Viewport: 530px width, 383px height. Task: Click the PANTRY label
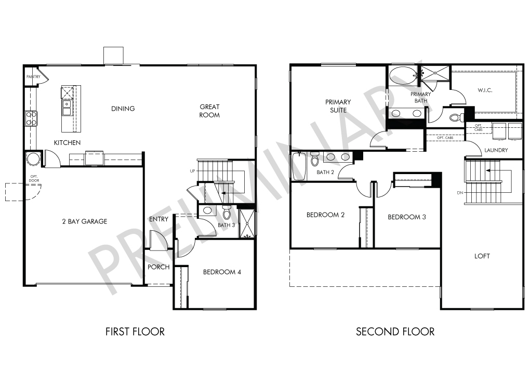(x=33, y=77)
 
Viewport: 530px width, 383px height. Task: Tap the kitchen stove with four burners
(x=31, y=118)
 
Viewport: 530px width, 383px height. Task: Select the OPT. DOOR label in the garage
(x=34, y=178)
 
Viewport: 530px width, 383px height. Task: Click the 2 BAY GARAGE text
(x=85, y=221)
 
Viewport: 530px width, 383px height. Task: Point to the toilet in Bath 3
(x=227, y=212)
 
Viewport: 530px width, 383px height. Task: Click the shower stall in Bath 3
(x=247, y=223)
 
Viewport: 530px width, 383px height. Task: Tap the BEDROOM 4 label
(x=222, y=272)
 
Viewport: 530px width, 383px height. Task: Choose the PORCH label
(x=158, y=267)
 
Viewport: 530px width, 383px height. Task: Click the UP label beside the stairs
(x=192, y=171)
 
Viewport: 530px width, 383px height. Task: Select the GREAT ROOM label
(x=209, y=111)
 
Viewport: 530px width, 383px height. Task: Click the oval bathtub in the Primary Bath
(x=403, y=76)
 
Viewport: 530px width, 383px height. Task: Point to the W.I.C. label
(x=485, y=90)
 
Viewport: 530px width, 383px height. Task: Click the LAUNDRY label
(x=496, y=150)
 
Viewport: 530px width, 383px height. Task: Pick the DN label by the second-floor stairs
(x=460, y=193)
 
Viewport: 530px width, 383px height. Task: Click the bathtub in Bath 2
(x=299, y=166)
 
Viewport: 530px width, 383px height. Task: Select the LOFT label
(x=482, y=256)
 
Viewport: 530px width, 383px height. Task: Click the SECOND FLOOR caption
(x=395, y=332)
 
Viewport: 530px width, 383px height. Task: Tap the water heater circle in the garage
(x=34, y=159)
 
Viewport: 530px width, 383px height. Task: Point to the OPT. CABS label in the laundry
(x=478, y=127)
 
